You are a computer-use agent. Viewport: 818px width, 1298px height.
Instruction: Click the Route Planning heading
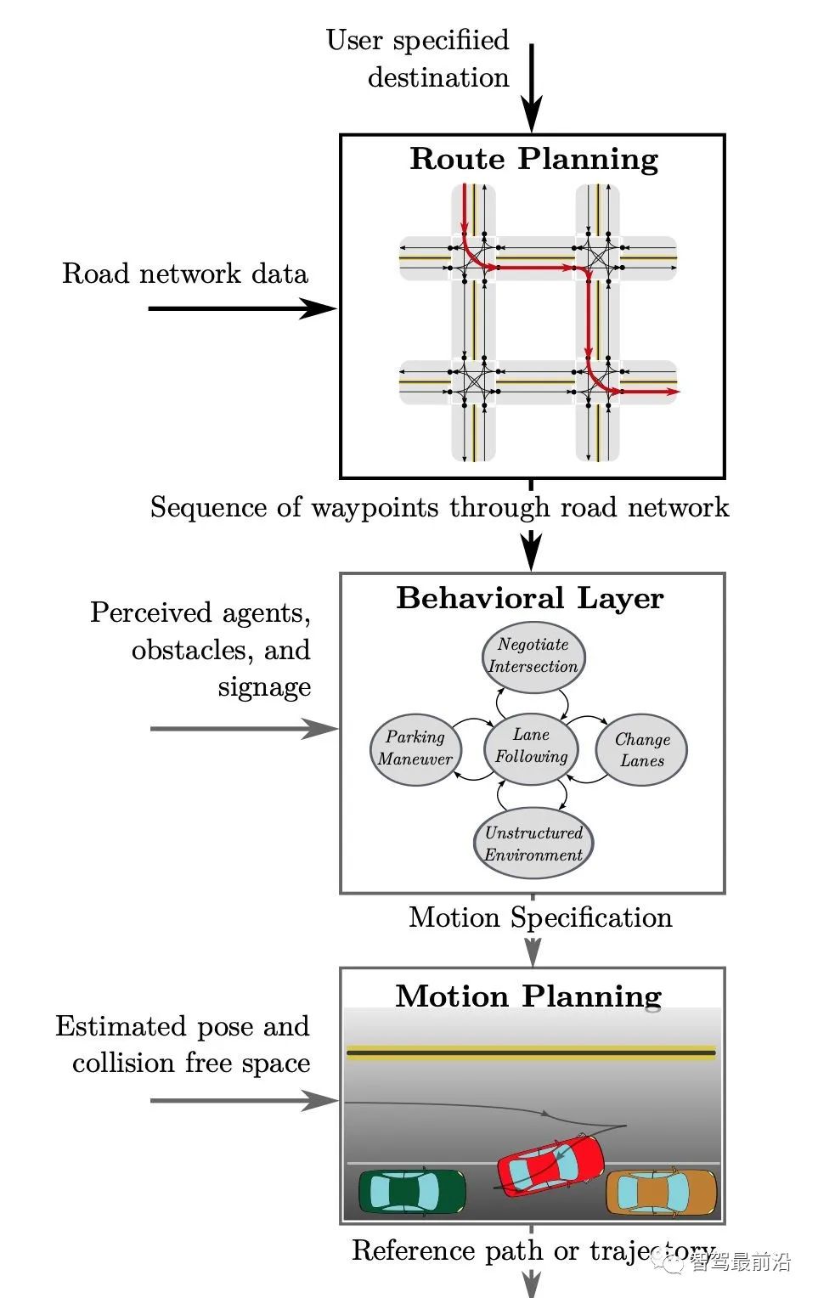[533, 160]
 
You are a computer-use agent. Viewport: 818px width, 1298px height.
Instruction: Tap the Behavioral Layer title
[530, 599]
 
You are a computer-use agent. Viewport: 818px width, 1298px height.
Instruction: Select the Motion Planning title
[528, 996]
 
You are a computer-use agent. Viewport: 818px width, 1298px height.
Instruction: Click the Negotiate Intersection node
[533, 656]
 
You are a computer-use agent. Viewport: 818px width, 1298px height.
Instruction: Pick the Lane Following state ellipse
[532, 747]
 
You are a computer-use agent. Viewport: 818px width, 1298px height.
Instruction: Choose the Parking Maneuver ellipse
[415, 748]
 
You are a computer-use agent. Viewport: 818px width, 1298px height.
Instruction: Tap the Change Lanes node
[642, 750]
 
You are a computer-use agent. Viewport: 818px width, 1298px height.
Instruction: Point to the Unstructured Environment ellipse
[533, 844]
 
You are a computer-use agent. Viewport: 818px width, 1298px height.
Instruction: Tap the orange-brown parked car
[661, 1193]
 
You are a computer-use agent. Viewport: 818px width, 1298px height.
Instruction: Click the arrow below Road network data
[242, 308]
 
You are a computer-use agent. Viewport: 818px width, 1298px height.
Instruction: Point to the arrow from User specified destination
[531, 88]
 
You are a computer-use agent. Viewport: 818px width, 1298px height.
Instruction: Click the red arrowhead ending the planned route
[672, 392]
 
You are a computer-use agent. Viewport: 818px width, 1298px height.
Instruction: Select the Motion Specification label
[540, 918]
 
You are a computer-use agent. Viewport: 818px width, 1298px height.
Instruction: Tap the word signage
[264, 687]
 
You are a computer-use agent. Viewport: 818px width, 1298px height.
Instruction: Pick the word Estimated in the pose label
[121, 1026]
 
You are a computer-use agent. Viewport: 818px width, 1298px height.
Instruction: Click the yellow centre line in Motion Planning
[531, 1053]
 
